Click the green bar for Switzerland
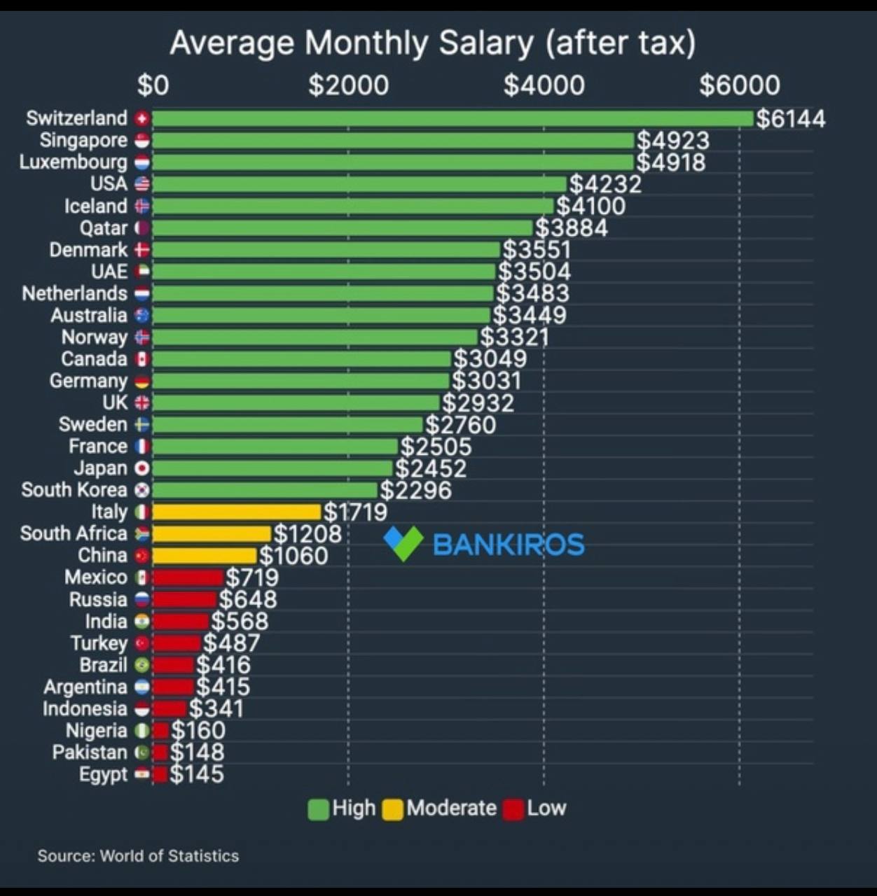[x=453, y=118]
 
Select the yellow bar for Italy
[x=236, y=512]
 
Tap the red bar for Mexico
[x=188, y=577]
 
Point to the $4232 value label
[x=605, y=184]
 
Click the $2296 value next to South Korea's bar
[x=415, y=490]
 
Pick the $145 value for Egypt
[x=197, y=774]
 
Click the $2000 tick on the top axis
[x=348, y=85]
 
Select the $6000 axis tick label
[x=739, y=85]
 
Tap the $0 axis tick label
[x=153, y=85]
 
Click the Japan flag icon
[x=142, y=468]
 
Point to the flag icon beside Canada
[x=142, y=359]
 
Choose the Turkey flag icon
[x=142, y=643]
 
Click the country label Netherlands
[x=74, y=293]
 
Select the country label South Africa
[x=74, y=533]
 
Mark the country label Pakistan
[x=90, y=752]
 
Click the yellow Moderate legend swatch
[x=392, y=809]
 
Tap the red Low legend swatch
[x=513, y=809]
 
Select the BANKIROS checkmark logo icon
[x=403, y=543]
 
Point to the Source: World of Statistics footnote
[x=138, y=855]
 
